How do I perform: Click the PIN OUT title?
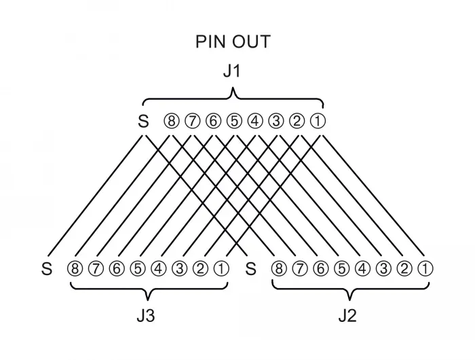point(233,42)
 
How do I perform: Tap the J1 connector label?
point(232,71)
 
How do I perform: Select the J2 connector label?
point(347,316)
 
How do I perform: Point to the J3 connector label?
point(146,316)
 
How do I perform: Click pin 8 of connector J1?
point(172,122)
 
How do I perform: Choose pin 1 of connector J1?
point(318,122)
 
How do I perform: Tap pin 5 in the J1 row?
point(234,122)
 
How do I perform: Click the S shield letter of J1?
point(143,122)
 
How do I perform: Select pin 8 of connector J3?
point(75,269)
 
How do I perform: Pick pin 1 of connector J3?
point(221,269)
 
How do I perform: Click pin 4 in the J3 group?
point(158,269)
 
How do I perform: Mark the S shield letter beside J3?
point(47,269)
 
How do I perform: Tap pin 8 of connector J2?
point(279,269)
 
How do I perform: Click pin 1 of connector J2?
point(425,269)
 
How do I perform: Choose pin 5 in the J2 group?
point(341,269)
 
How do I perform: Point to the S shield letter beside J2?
point(251,269)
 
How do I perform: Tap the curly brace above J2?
point(350,289)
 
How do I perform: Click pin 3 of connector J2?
point(383,269)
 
